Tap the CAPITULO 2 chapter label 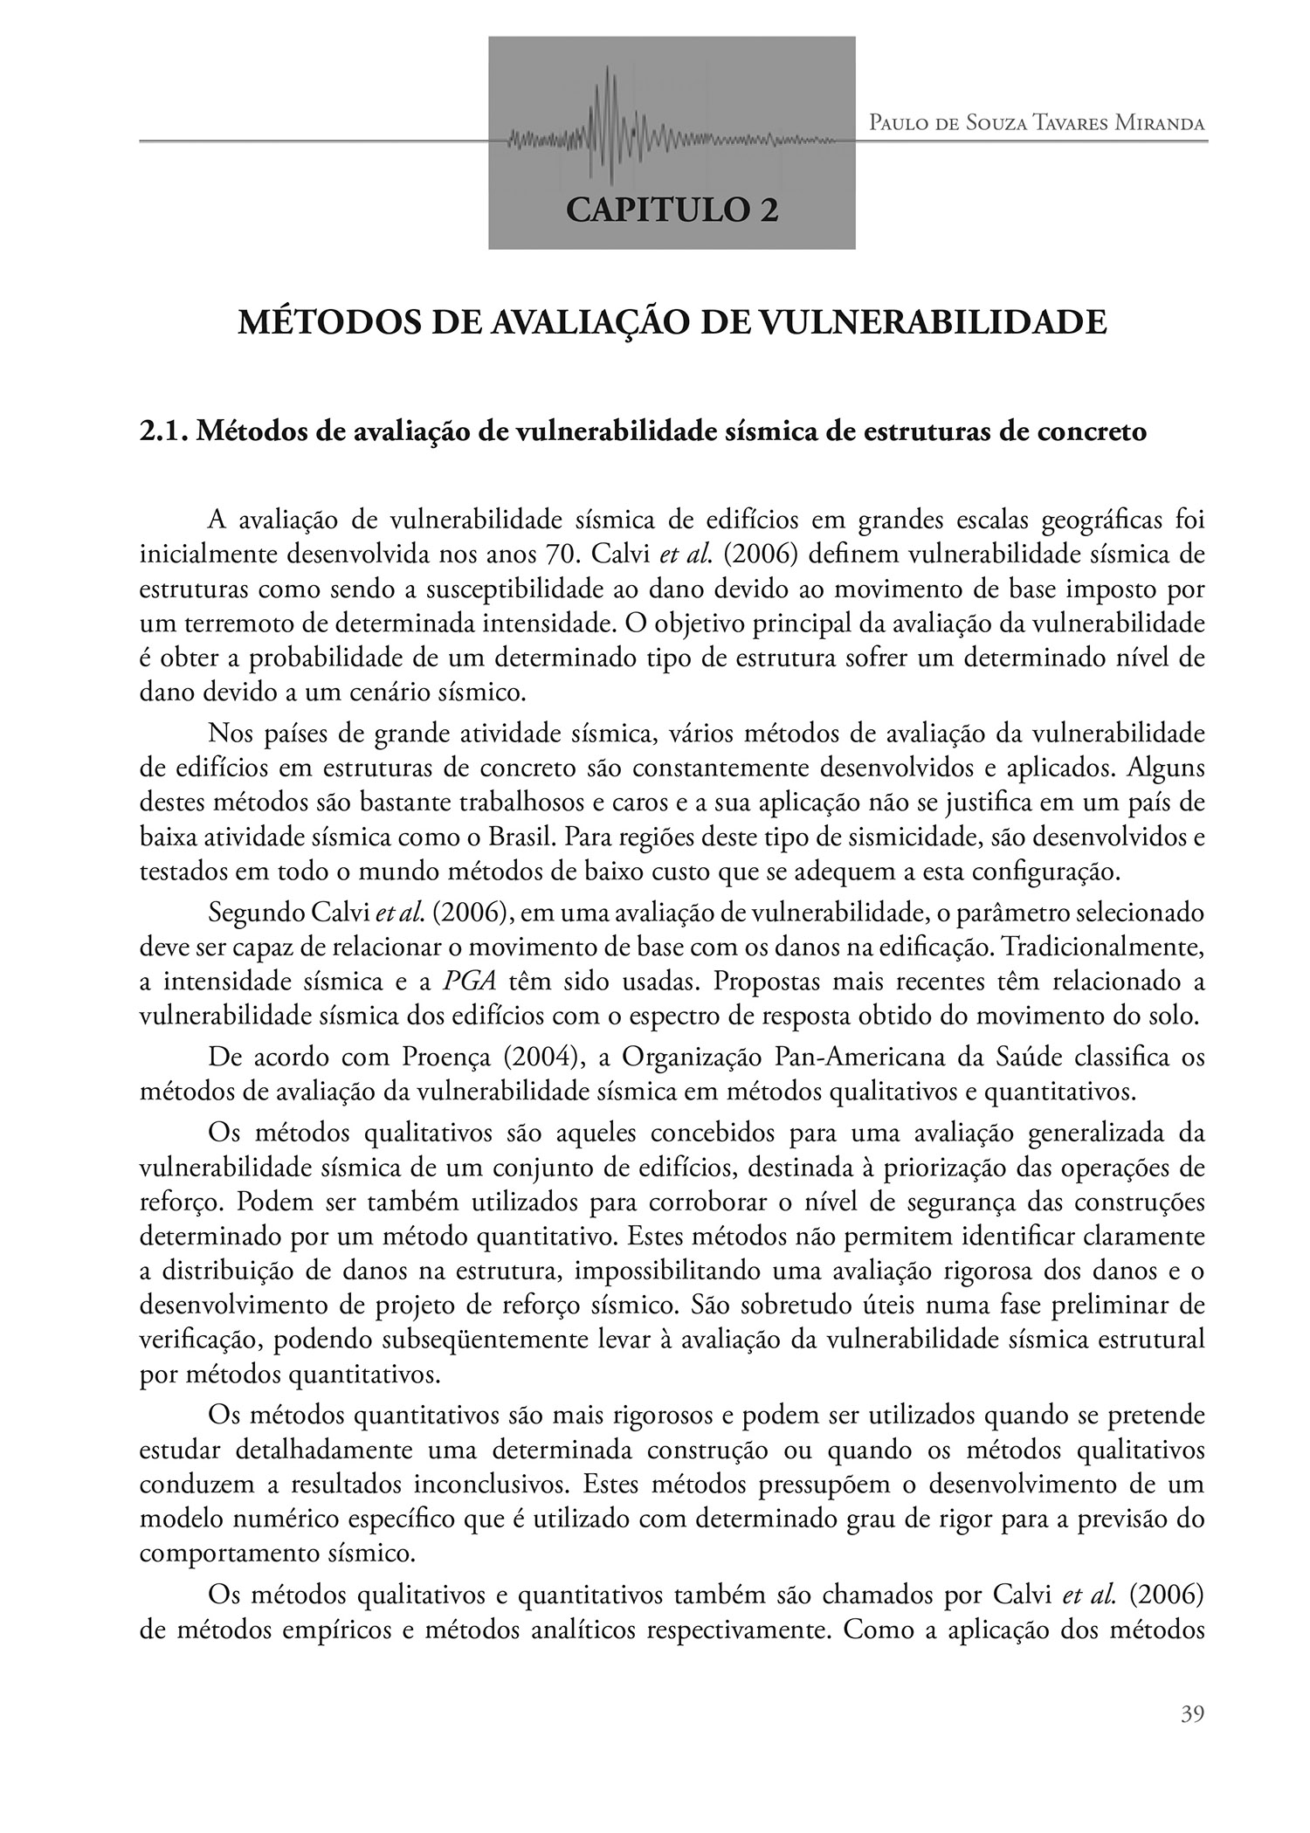click(672, 210)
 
